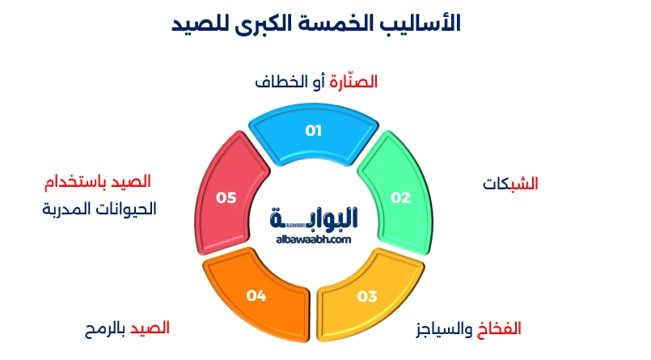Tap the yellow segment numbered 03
pos(369,297)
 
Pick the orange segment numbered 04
pos(257,297)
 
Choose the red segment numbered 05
pos(229,194)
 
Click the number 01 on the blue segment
pos(314,130)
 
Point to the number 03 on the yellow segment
pos(367,296)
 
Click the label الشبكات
pos(510,184)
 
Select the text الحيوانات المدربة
pos(99,209)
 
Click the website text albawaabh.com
pos(315,239)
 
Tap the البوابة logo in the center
pos(315,218)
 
